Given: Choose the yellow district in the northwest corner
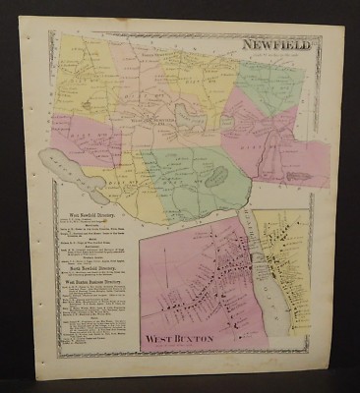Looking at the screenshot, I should (79, 64).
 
